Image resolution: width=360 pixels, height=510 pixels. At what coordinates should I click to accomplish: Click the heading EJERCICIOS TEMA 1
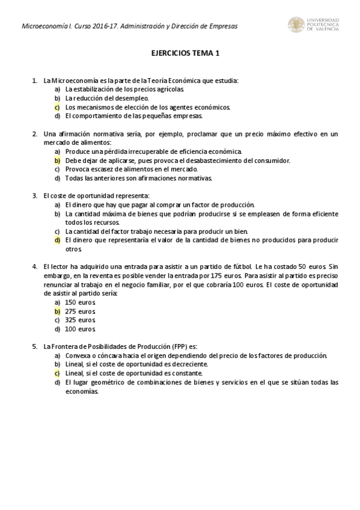(185, 53)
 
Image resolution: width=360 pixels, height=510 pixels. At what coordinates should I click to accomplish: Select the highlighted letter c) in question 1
(57, 106)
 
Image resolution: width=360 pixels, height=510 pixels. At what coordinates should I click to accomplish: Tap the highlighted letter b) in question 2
(57, 161)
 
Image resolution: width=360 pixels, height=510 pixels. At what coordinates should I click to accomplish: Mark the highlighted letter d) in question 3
(57, 240)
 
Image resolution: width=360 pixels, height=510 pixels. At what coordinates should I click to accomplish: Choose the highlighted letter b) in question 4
(57, 311)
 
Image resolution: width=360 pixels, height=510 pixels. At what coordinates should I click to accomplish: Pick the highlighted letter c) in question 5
(57, 373)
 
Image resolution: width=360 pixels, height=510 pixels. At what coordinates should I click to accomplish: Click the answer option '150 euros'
(80, 302)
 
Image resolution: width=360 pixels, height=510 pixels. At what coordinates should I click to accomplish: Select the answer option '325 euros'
(80, 320)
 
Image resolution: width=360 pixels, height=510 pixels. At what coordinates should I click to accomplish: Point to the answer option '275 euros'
(80, 311)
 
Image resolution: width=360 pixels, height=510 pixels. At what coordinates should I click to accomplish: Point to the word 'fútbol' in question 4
(240, 266)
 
